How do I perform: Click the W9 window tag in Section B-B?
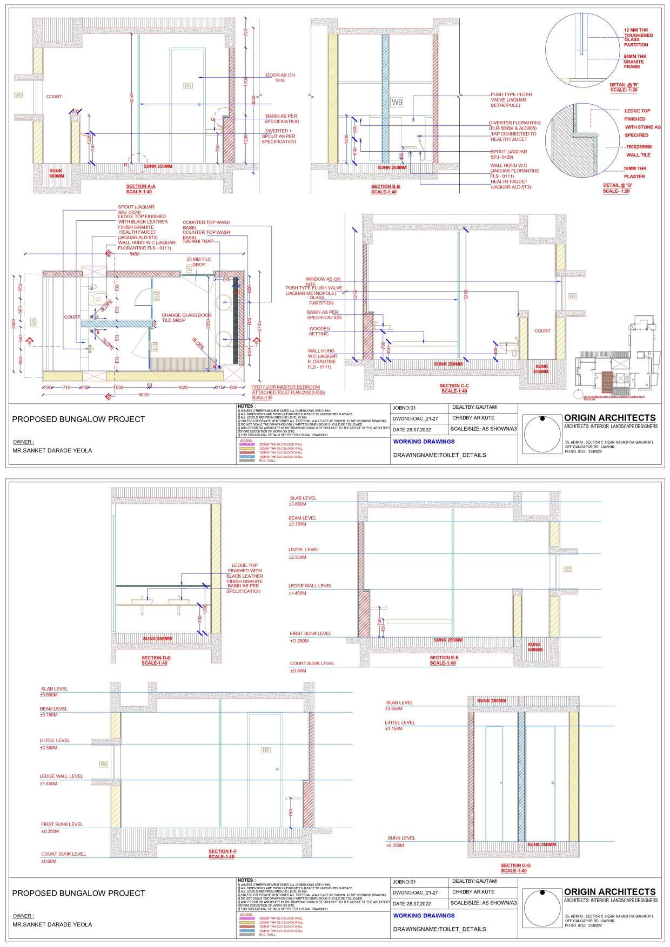(x=397, y=102)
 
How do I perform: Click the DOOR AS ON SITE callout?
(x=280, y=78)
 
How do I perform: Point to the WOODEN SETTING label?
(x=319, y=331)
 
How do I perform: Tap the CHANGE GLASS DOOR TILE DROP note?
(x=186, y=317)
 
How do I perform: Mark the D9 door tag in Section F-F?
(x=265, y=750)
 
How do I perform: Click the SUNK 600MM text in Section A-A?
(x=57, y=173)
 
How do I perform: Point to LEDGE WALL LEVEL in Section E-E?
(x=310, y=586)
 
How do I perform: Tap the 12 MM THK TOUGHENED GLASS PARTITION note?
(x=638, y=37)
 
